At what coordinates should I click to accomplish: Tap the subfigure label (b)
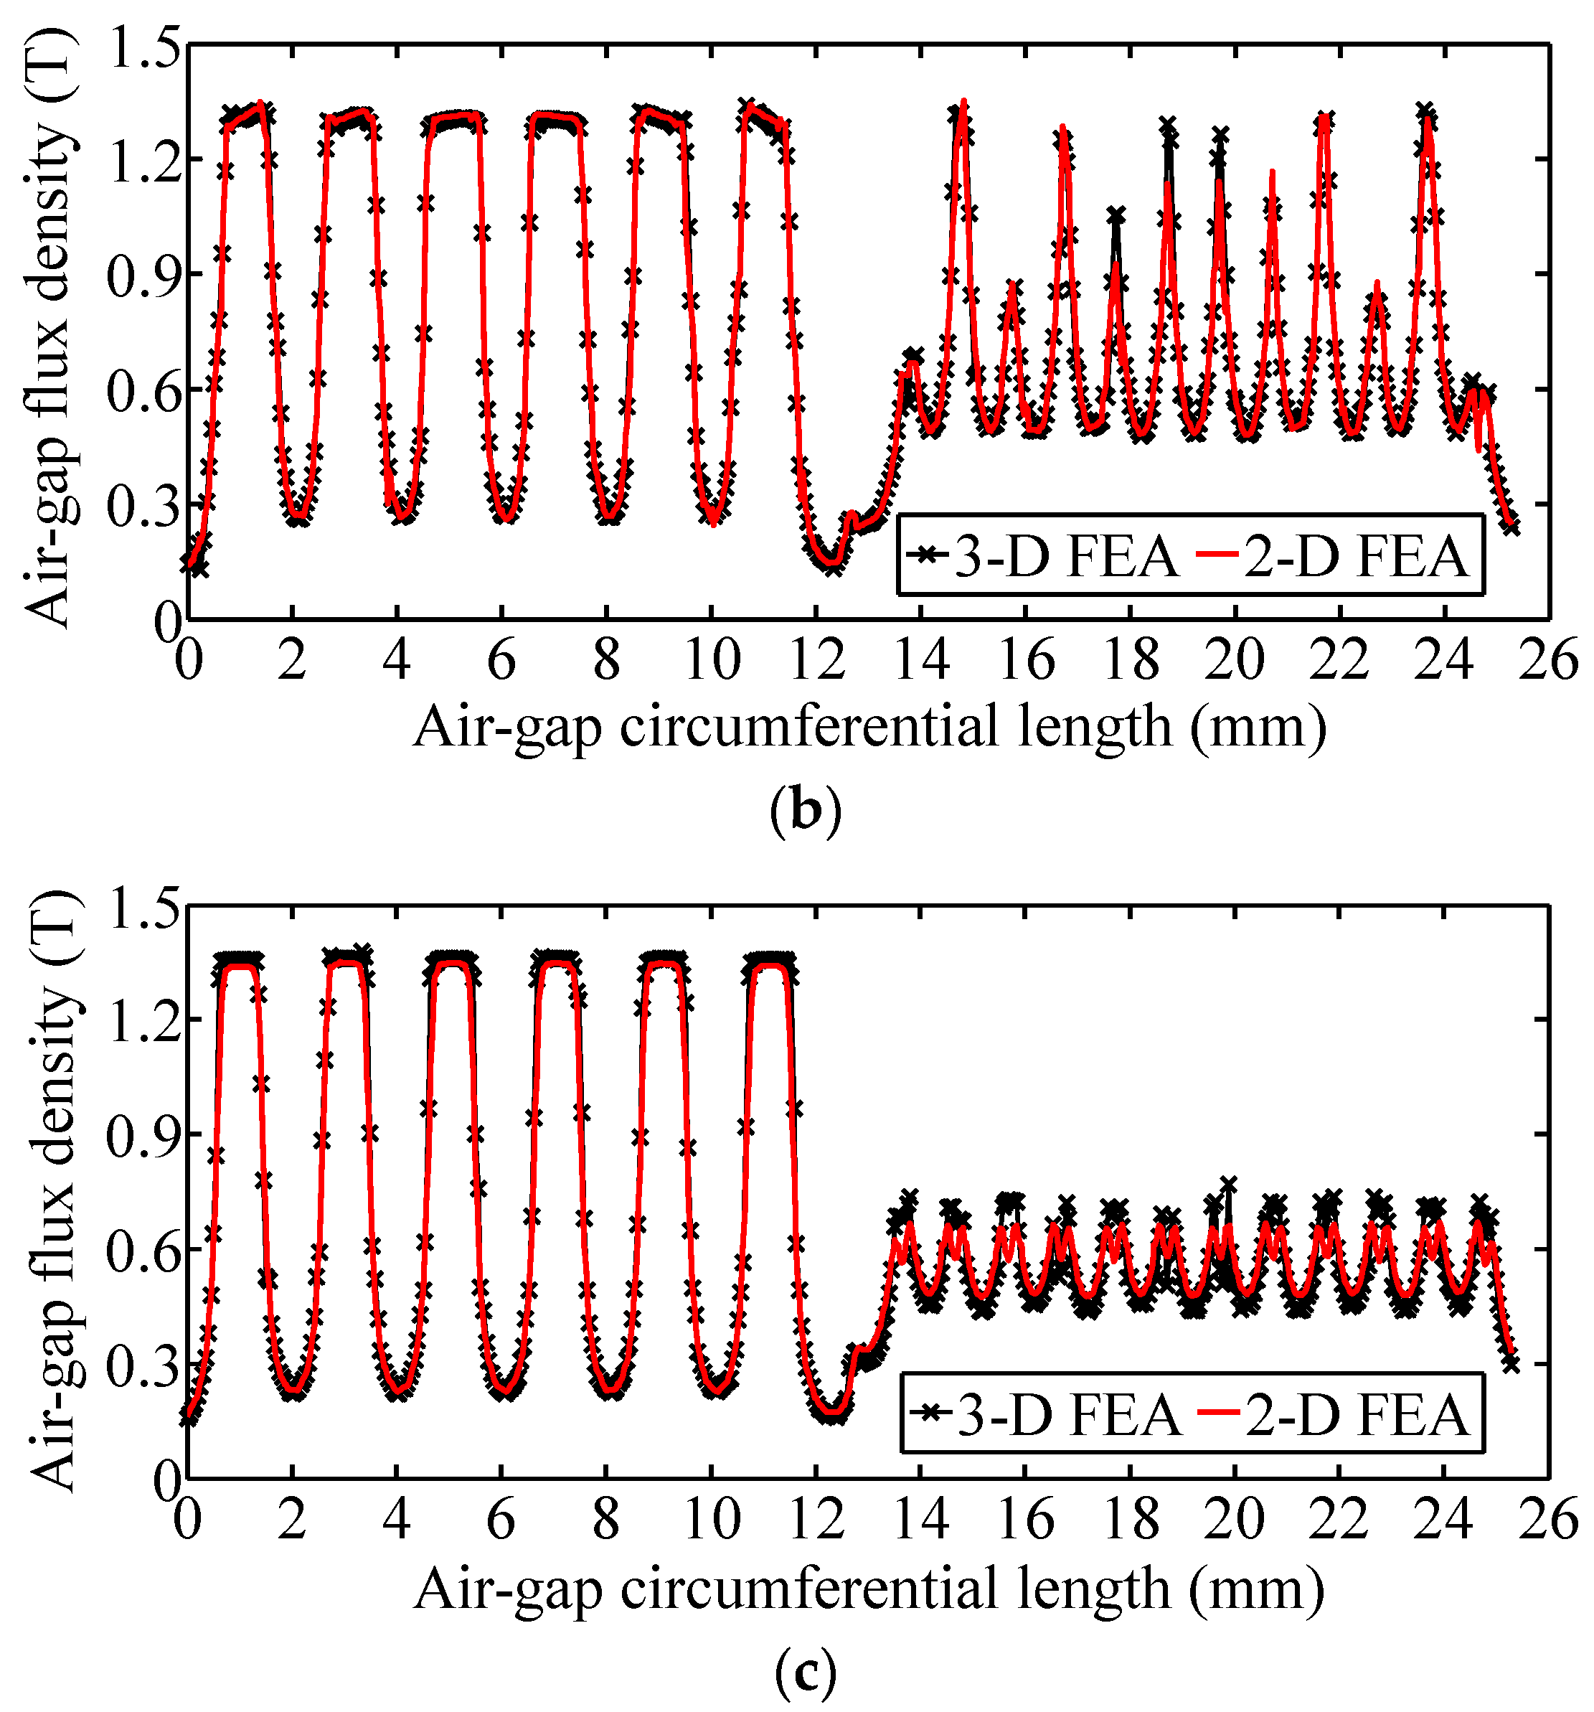pyautogui.click(x=804, y=810)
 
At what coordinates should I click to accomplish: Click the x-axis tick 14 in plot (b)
pyautogui.click(x=920, y=662)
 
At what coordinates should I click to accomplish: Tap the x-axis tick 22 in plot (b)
pyautogui.click(x=1339, y=662)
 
